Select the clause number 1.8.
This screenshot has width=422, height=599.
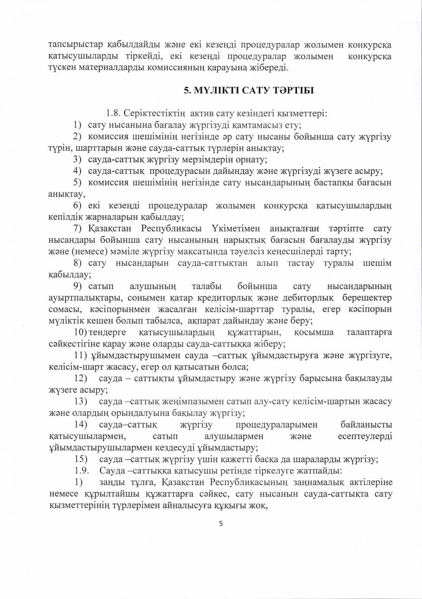click(x=114, y=113)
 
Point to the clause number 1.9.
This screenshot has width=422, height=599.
click(x=84, y=469)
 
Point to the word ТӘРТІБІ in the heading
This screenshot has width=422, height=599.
click(x=290, y=91)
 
